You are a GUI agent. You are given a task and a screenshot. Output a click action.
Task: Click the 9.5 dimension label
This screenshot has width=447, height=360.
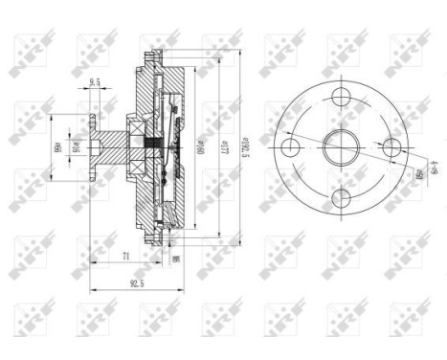(94, 83)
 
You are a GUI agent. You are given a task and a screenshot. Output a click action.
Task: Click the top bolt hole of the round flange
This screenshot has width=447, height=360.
(340, 98)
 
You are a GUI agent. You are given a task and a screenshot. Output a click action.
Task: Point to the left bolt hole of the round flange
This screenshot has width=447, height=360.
(290, 147)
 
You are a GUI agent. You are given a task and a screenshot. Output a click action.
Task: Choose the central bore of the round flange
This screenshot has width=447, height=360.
(340, 147)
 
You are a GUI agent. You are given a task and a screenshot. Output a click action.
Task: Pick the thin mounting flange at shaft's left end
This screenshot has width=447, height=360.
(88, 148)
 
